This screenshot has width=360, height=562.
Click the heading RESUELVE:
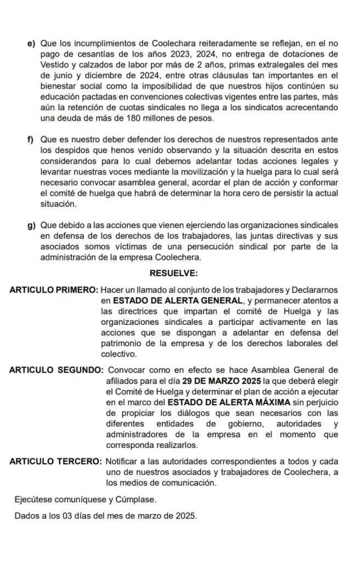click(x=173, y=272)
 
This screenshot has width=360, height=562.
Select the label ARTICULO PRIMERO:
click(x=53, y=290)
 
